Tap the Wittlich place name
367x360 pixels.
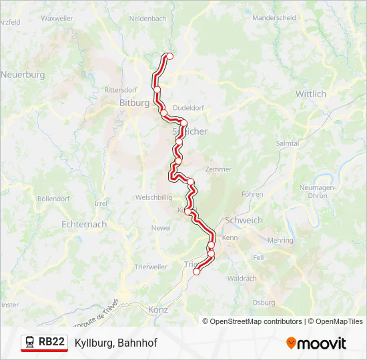coord(311,94)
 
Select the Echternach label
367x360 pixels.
coord(83,225)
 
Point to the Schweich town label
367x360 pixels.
coord(244,221)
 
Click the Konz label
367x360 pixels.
coord(159,310)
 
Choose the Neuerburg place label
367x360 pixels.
coord(23,75)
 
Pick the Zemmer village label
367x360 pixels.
coord(218,169)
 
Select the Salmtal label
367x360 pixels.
coord(287,143)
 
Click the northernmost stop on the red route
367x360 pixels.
coord(169,57)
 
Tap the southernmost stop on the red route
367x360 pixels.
coord(196,271)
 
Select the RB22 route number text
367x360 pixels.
coord(51,342)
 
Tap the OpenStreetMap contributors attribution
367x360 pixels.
coord(256,321)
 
